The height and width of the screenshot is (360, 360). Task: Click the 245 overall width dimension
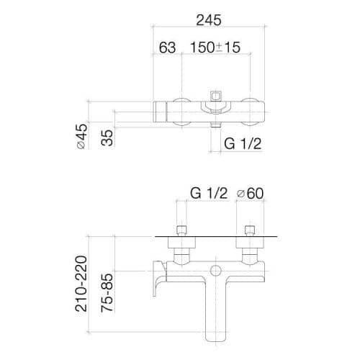click(x=209, y=20)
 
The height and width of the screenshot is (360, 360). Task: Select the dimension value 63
click(x=167, y=48)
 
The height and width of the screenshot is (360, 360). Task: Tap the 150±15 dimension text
click(x=215, y=48)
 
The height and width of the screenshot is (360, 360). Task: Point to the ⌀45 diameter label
click(x=81, y=136)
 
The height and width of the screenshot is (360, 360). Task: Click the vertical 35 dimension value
click(x=107, y=138)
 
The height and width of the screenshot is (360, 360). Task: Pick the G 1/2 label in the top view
click(x=243, y=144)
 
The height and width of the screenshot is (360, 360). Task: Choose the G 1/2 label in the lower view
click(x=209, y=193)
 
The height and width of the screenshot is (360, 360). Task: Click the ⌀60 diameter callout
click(x=250, y=194)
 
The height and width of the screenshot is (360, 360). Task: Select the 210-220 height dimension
click(x=81, y=284)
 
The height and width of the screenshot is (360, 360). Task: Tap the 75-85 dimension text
click(x=107, y=293)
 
